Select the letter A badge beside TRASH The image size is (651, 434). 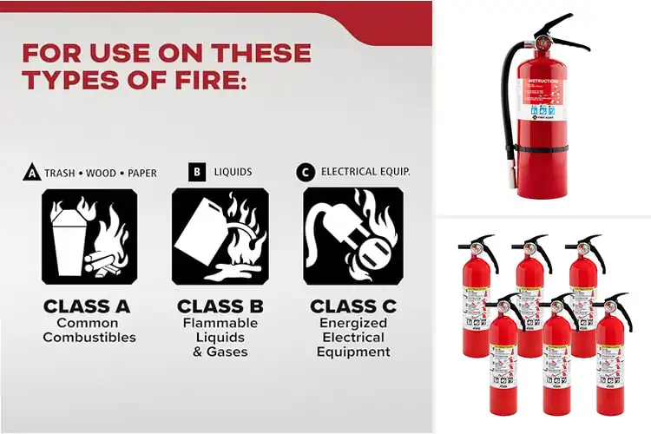pyautogui.click(x=30, y=173)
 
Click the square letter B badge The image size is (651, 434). pyautogui.click(x=197, y=172)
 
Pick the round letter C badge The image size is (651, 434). pyautogui.click(x=305, y=173)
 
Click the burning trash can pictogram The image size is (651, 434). pyautogui.click(x=89, y=236)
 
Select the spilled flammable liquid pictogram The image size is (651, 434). pyautogui.click(x=220, y=236)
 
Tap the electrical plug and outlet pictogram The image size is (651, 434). pyautogui.click(x=352, y=236)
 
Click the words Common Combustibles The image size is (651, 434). pyautogui.click(x=89, y=330)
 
